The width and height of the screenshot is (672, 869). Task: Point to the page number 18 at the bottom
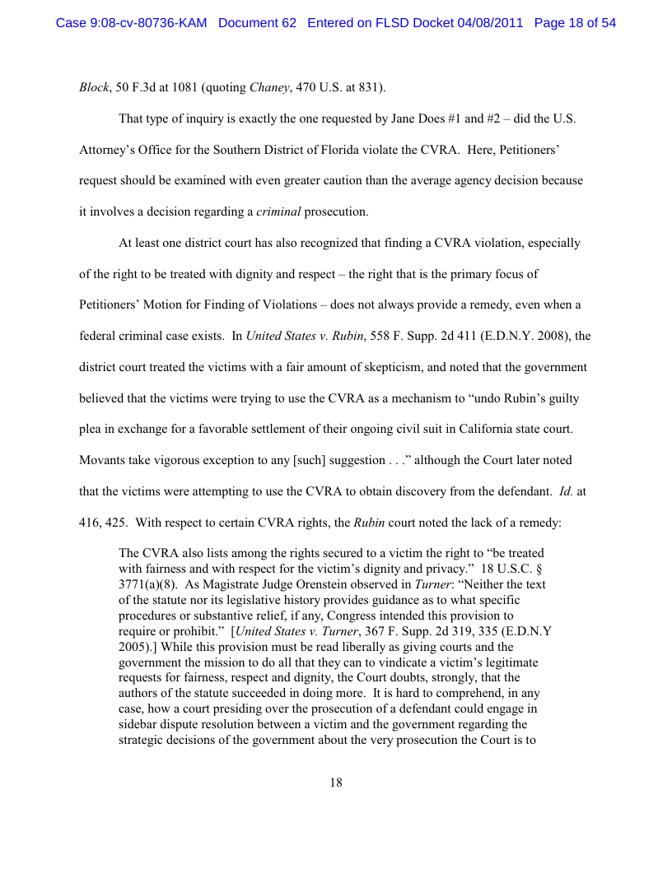(x=336, y=783)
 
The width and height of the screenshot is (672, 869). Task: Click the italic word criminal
(x=278, y=212)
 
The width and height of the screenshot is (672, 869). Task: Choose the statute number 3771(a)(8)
(x=150, y=584)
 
